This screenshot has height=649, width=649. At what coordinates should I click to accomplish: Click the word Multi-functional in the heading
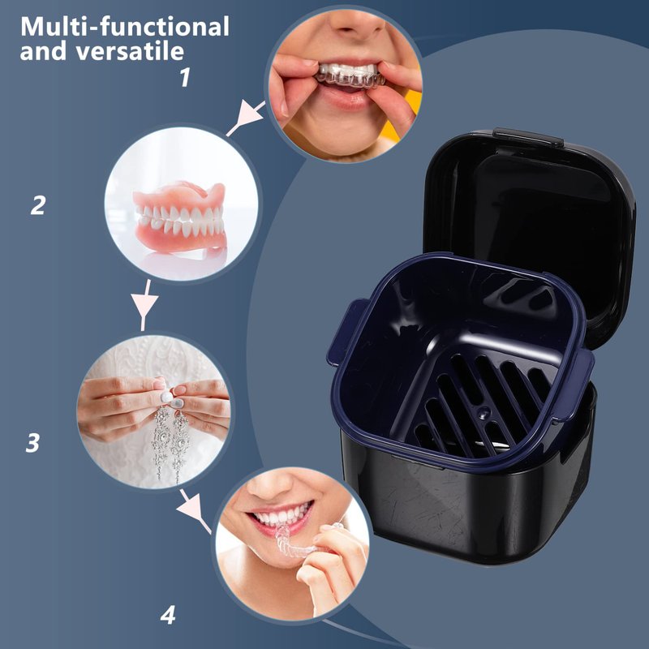[125, 28]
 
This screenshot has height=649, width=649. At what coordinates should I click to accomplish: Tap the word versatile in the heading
[130, 51]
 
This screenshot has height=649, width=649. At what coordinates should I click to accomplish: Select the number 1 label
[186, 77]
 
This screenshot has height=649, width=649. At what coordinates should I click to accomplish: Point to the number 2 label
[38, 205]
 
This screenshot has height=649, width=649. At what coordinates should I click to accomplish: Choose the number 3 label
[32, 442]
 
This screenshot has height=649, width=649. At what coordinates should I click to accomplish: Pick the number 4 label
[168, 616]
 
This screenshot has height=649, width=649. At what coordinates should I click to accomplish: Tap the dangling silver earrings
[170, 443]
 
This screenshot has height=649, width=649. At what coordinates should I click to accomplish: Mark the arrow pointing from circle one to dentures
[246, 118]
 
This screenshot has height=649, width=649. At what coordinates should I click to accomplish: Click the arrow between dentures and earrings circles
[144, 305]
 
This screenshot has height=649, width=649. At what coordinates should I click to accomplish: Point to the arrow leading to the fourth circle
[195, 512]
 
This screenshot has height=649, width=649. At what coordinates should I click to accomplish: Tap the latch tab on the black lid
[528, 136]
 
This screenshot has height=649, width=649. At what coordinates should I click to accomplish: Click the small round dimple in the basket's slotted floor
[483, 412]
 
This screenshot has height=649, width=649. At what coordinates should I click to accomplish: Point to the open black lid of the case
[530, 232]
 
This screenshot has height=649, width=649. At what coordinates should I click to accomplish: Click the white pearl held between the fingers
[166, 397]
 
